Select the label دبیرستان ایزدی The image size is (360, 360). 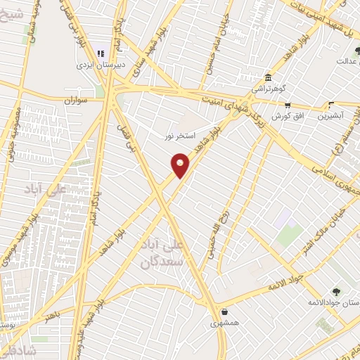click(101, 64)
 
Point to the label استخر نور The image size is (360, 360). click(179, 134)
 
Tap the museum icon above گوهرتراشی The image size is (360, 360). click(267, 78)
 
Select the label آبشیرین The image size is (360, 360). click(331, 115)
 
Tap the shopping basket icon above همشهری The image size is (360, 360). click(224, 312)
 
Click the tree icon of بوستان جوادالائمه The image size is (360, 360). click(336, 290)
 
